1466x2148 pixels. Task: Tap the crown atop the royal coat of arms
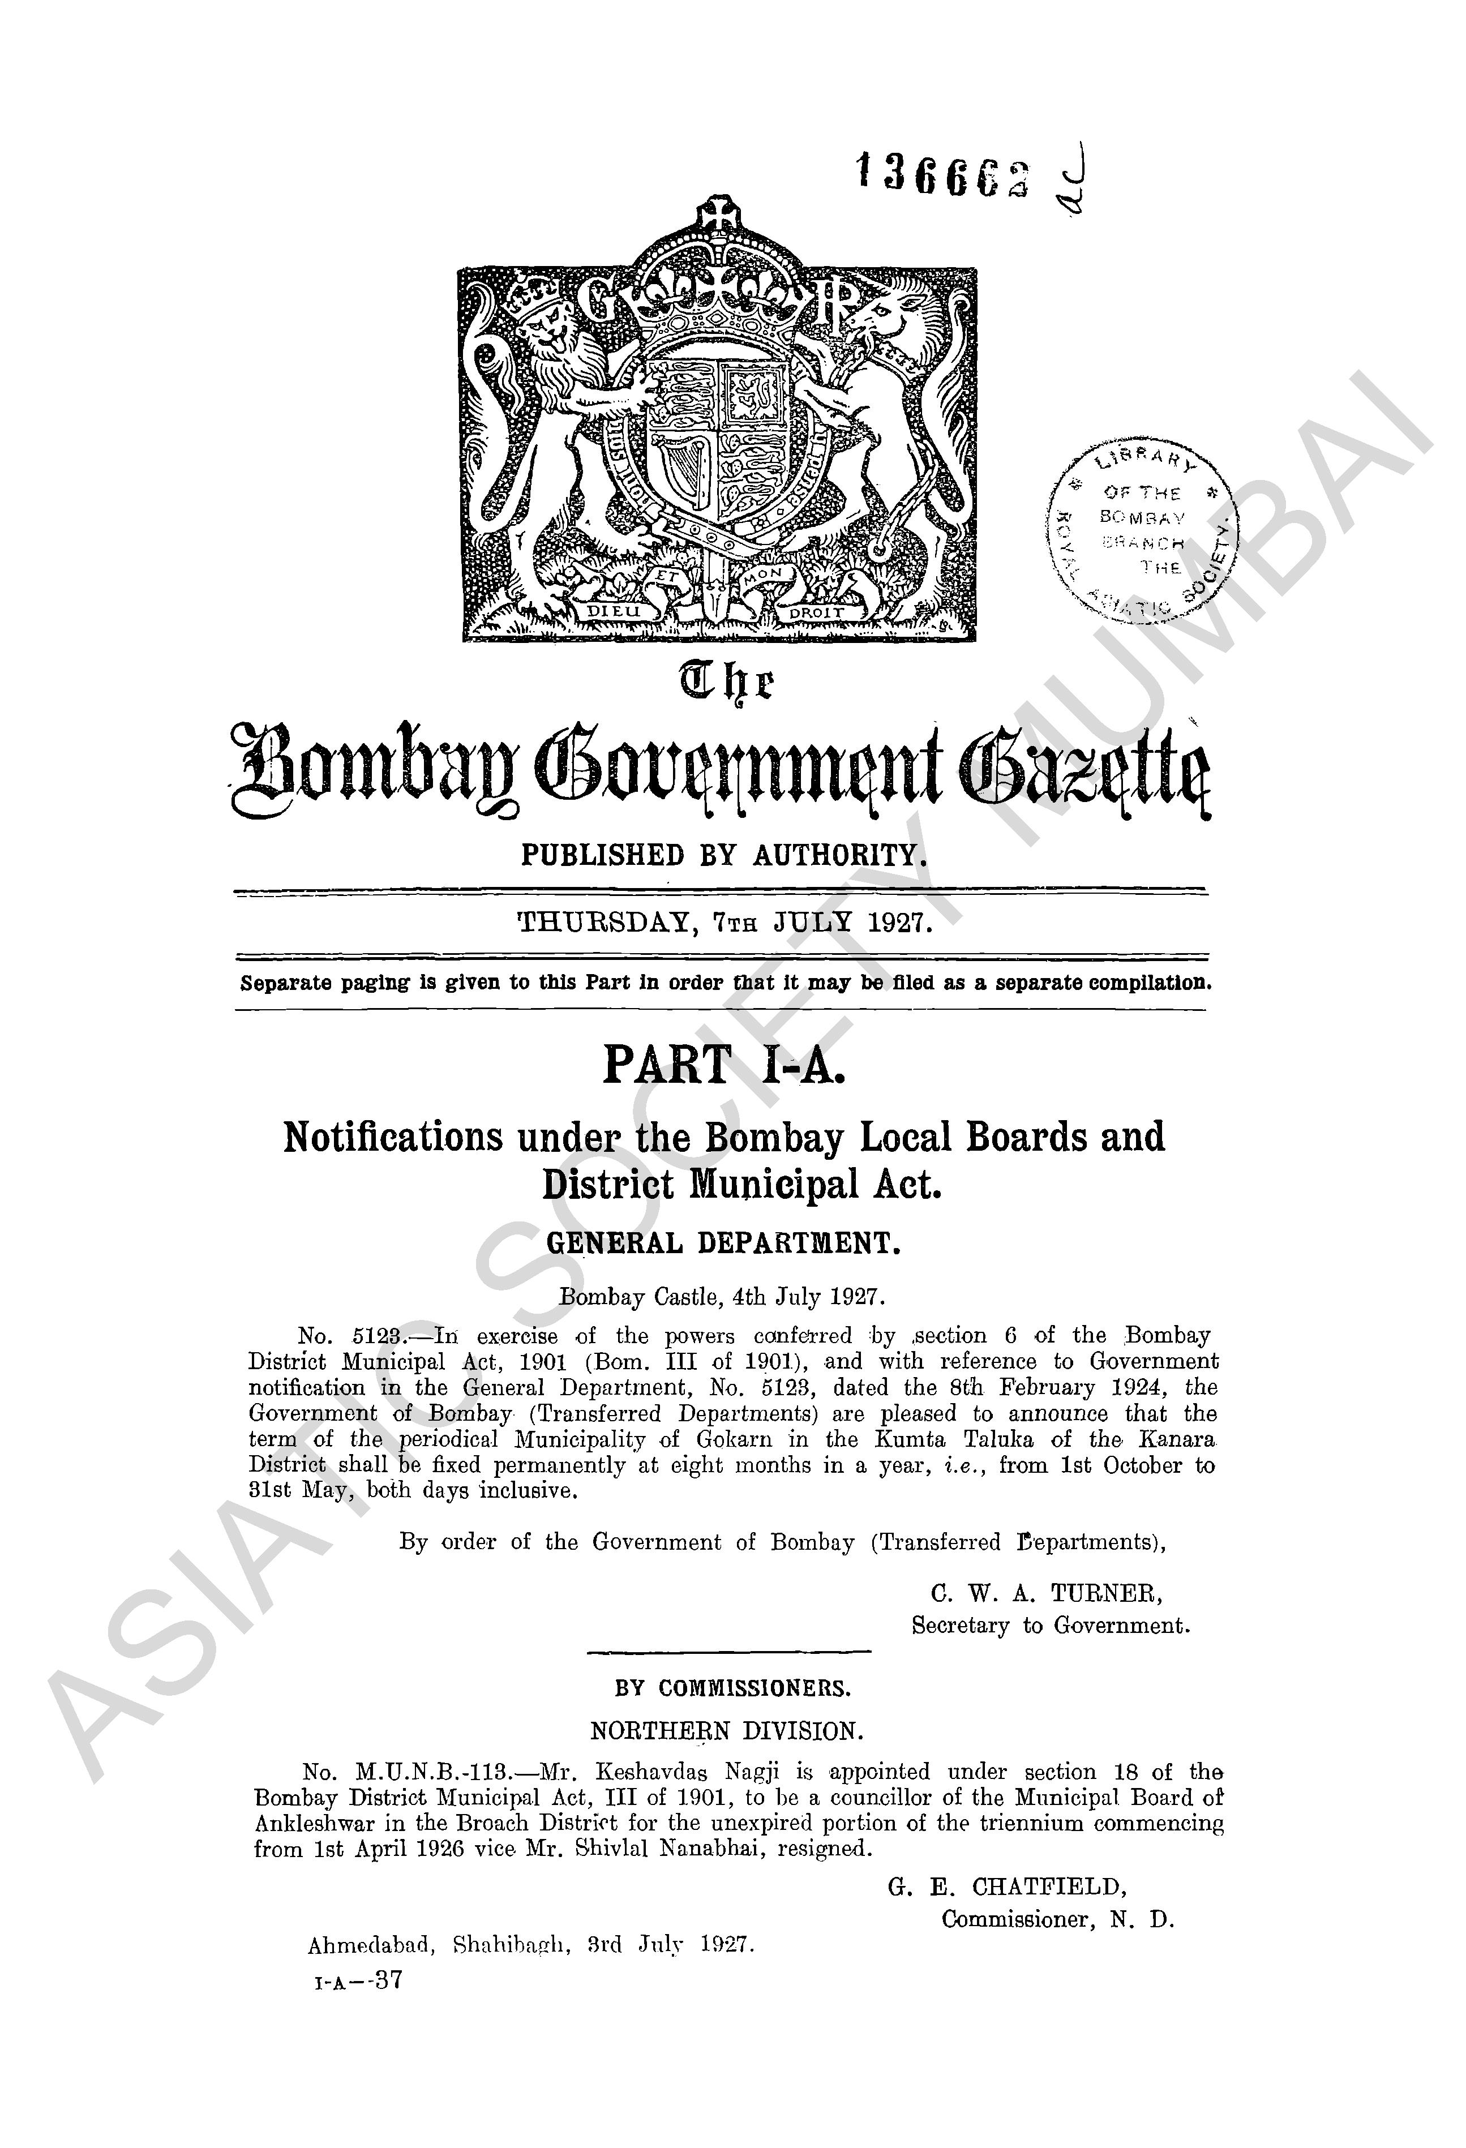[x=717, y=277]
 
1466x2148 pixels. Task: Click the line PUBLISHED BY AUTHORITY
[x=723, y=855]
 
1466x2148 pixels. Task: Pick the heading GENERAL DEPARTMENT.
[x=723, y=1243]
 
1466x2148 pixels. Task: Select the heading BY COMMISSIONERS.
[x=732, y=1688]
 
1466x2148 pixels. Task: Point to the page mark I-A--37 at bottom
[x=359, y=1980]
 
